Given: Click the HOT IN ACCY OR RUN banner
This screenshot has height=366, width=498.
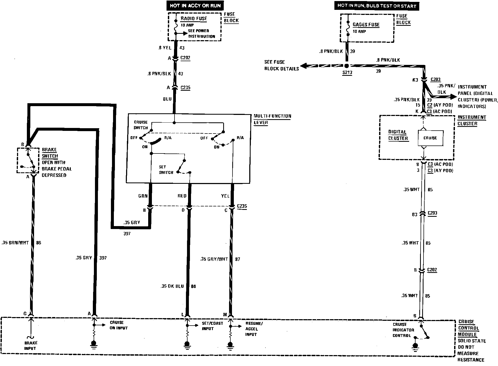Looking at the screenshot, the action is [x=195, y=6].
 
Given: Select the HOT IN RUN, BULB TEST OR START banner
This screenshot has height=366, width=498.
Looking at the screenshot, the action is [x=376, y=6].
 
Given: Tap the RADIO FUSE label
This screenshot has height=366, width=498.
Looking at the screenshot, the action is [x=194, y=19].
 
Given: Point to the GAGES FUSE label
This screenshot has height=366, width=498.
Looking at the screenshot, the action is [x=366, y=25].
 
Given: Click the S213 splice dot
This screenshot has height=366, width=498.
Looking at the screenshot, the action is [x=347, y=66].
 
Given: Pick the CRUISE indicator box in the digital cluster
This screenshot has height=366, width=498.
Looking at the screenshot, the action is [x=430, y=138].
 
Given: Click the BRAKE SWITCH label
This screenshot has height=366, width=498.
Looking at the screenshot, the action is [x=49, y=153].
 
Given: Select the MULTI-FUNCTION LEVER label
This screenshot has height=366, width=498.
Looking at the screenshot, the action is [x=272, y=119].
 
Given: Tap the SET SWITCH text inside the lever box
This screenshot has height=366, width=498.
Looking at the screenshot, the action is [x=166, y=170].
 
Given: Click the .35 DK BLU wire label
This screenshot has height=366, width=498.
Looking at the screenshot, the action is [x=172, y=286].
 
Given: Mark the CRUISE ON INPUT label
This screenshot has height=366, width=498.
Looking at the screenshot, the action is [x=118, y=325].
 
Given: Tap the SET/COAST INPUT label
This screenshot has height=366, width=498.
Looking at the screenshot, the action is [x=208, y=326].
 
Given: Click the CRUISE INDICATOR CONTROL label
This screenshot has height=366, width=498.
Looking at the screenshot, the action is [x=403, y=330].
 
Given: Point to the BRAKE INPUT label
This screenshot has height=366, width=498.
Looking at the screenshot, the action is [x=31, y=346].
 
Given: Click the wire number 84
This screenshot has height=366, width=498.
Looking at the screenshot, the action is [x=193, y=286].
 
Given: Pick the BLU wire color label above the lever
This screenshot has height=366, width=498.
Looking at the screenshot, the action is [x=167, y=99].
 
